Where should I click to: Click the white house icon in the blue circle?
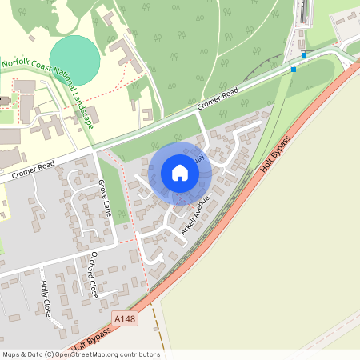[x=180, y=173]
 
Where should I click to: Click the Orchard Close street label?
[x=94, y=274]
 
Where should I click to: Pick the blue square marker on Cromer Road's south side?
[x=294, y=70]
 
